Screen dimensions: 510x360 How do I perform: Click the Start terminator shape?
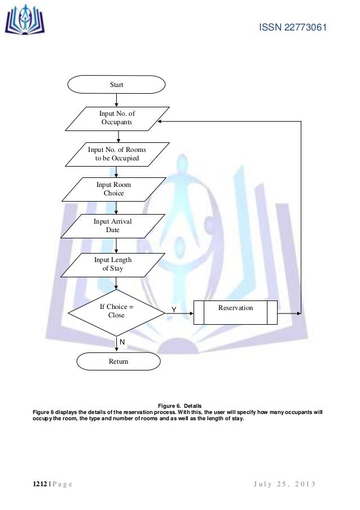(116, 85)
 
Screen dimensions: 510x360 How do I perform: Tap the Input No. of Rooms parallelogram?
(117, 154)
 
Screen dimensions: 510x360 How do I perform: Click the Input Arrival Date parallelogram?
(112, 226)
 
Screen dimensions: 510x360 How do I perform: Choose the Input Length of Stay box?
(112, 264)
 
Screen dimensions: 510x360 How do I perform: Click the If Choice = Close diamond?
(116, 311)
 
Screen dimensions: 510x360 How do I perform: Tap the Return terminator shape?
(118, 361)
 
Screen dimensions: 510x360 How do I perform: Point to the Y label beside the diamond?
(174, 310)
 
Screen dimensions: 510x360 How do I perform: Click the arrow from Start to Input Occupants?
(116, 100)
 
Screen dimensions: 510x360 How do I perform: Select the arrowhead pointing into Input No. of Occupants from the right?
(160, 121)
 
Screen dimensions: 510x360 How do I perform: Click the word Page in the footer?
(62, 485)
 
